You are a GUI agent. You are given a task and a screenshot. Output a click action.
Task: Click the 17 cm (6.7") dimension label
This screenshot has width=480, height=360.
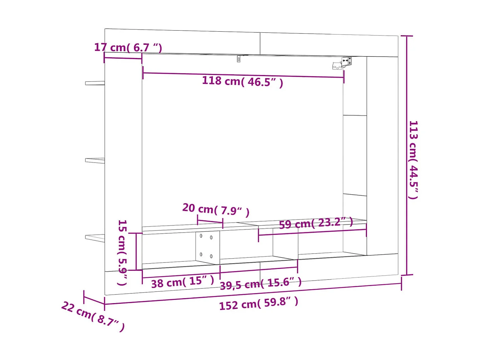point(128,47)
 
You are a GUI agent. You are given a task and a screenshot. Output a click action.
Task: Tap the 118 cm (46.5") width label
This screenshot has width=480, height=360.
point(242,82)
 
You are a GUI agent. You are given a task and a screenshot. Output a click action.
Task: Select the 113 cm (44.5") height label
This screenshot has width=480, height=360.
point(413,160)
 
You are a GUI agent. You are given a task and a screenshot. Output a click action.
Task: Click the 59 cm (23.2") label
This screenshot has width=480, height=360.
point(316,223)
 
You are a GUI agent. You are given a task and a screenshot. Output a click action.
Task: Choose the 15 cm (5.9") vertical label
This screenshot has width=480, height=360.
point(122,252)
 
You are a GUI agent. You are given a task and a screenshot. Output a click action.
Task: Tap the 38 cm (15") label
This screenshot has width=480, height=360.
point(182,282)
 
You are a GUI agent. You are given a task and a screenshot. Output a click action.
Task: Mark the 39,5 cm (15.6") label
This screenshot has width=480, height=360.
point(261,284)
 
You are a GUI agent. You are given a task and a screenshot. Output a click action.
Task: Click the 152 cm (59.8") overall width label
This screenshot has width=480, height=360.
point(258,303)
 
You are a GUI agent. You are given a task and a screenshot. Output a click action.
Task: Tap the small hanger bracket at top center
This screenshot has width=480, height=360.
point(239,58)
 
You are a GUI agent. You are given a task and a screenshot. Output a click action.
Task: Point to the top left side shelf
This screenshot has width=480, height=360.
point(95,83)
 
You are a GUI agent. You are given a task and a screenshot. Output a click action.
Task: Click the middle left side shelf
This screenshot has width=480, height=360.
point(95,160)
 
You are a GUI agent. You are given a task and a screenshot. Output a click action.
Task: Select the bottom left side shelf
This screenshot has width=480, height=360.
point(95,238)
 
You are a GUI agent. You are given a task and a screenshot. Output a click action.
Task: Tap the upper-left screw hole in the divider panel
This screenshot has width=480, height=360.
point(201,236)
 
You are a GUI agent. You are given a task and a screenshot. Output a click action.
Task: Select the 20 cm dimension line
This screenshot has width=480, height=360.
point(210,222)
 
